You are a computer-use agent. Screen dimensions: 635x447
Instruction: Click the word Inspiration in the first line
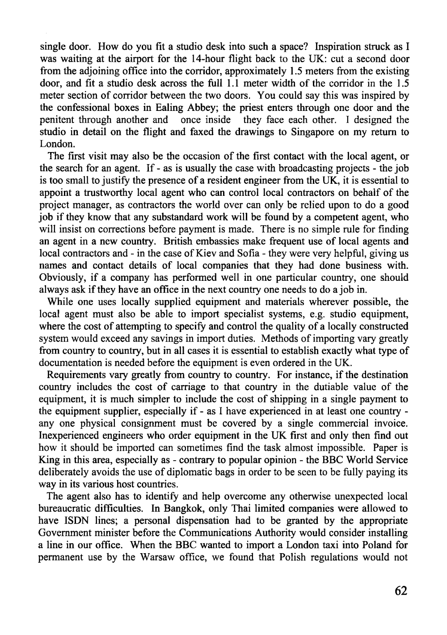tap(337, 47)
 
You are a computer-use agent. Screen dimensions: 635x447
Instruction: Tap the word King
tap(49, 460)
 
